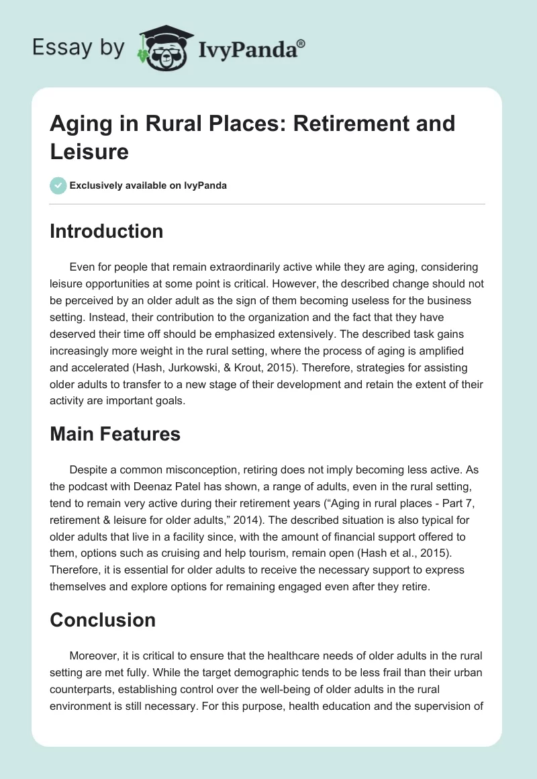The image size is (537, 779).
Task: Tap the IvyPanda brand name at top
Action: point(251,49)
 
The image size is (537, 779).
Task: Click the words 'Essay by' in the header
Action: point(79,48)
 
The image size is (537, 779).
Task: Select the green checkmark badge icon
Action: point(58,185)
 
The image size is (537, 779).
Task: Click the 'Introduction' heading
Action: point(107,231)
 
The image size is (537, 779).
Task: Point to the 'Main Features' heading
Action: point(115,434)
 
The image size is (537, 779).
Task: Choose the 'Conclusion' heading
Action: point(103,619)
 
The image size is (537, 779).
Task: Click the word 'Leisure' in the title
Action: point(89,151)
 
